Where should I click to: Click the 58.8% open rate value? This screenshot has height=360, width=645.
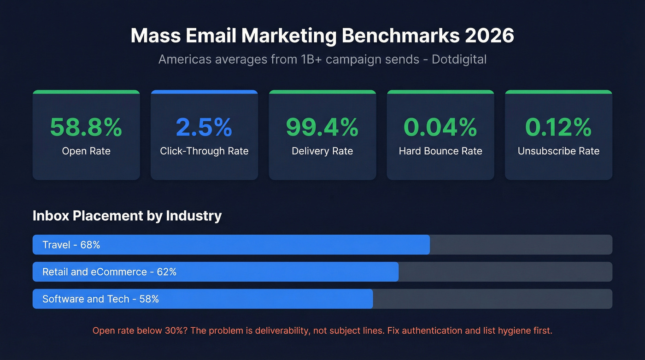point(86,127)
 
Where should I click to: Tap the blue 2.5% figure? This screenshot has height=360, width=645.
point(204,127)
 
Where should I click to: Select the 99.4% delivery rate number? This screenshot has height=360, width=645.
point(322,127)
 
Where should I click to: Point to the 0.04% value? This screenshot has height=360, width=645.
point(440,127)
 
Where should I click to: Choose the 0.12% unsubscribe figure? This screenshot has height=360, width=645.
point(558,127)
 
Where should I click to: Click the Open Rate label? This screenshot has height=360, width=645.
point(86,151)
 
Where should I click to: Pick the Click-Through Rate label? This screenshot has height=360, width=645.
point(204,151)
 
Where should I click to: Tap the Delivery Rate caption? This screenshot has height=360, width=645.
point(322,151)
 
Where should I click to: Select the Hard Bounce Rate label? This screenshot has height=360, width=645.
point(440,151)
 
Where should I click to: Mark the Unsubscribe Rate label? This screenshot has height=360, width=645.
point(558,151)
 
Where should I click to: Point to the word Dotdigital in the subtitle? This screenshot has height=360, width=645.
point(459,59)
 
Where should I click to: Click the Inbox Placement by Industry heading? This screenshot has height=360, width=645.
point(127,216)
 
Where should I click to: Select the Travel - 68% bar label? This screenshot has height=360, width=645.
point(71,245)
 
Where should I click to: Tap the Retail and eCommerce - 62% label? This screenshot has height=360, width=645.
point(109,272)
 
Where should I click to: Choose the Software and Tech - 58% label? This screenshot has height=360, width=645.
point(100,299)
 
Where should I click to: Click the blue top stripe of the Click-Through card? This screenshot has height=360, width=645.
point(204,92)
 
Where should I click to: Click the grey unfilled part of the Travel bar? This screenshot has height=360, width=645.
point(521,245)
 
